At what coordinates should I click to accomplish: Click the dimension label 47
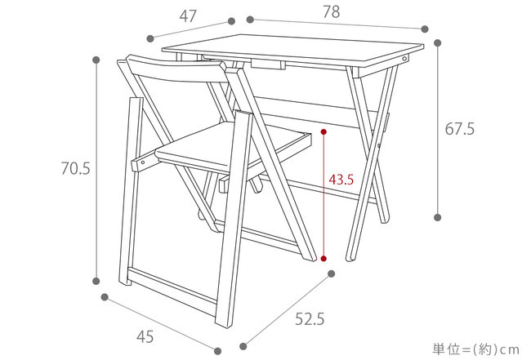pyautogui.click(x=188, y=16)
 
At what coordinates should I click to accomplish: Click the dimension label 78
pyautogui.click(x=331, y=12)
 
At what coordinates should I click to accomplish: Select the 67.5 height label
pyautogui.click(x=460, y=129)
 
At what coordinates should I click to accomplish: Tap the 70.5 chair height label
pyautogui.click(x=75, y=168)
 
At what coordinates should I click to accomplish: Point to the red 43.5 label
pyautogui.click(x=341, y=180)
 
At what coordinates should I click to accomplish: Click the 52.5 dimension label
pyautogui.click(x=310, y=318)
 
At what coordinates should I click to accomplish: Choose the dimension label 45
pyautogui.click(x=145, y=336)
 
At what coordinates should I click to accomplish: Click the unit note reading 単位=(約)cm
pyautogui.click(x=475, y=349)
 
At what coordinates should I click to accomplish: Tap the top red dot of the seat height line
pyautogui.click(x=324, y=131)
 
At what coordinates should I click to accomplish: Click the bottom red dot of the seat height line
pyautogui.click(x=324, y=259)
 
